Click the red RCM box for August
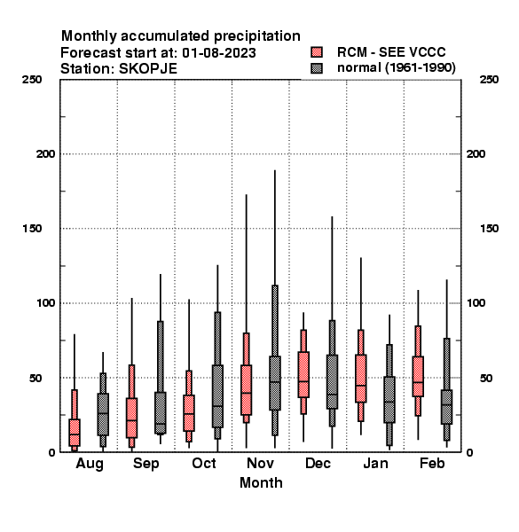click(x=75, y=433)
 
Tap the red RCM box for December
click(x=303, y=374)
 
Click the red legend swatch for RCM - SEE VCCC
click(x=317, y=52)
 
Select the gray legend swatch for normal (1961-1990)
click(x=317, y=68)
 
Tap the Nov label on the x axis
click(x=260, y=463)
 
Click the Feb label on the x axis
click(x=432, y=463)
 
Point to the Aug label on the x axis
click(x=90, y=464)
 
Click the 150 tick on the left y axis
click(x=32, y=229)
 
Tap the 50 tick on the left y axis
click(x=35, y=378)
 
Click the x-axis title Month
click(x=261, y=483)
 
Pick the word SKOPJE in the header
click(x=148, y=69)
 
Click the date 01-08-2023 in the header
click(x=219, y=53)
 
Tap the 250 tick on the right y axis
click(x=489, y=80)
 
